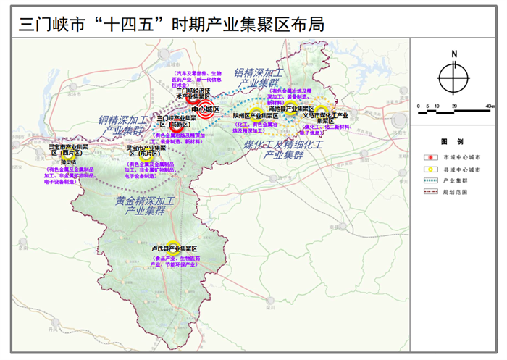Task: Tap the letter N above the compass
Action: (453, 53)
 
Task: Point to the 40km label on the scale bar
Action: (490, 106)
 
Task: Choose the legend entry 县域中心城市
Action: (465, 169)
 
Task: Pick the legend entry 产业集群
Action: (461, 180)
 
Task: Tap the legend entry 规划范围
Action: (461, 192)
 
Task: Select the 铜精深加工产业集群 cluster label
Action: (122, 125)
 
